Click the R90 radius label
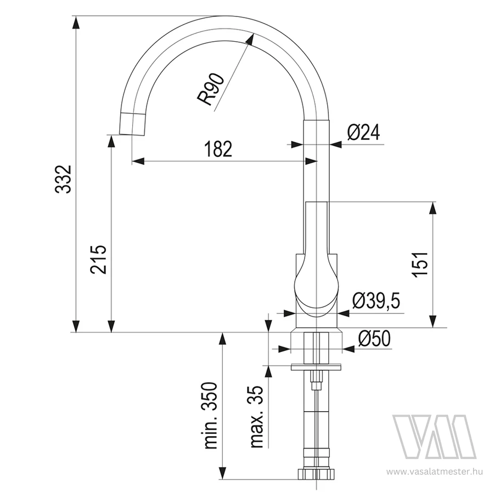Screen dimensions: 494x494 [211, 89]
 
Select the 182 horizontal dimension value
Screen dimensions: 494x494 [218, 149]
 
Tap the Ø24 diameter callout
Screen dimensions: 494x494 [363, 133]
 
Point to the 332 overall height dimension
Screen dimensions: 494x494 [65, 179]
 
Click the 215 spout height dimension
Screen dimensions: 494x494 [99, 260]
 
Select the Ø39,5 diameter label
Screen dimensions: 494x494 [376, 301]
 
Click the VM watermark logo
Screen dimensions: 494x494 [434, 436]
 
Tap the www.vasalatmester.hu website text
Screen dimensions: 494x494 [435, 471]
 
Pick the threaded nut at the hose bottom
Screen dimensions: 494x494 [316, 473]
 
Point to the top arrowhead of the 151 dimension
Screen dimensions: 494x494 [434, 207]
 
